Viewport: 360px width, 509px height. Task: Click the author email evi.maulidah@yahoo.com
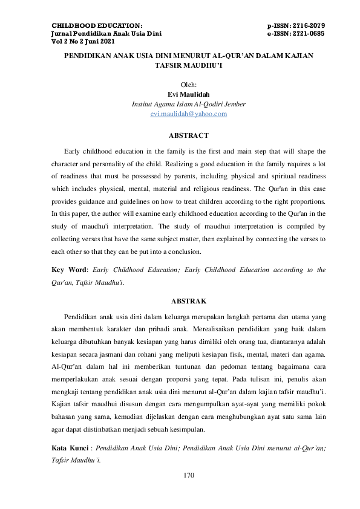188,114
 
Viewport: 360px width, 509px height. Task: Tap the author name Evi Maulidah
188,94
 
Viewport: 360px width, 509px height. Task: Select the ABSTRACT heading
188,135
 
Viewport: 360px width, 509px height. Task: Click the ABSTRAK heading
189,300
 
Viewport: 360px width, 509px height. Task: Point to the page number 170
189,475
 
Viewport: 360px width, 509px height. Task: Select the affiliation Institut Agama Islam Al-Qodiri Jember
188,104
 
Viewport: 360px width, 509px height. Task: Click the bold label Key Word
66,270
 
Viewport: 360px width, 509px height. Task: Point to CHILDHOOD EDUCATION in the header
97,25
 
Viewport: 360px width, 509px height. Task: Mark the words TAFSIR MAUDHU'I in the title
189,66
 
